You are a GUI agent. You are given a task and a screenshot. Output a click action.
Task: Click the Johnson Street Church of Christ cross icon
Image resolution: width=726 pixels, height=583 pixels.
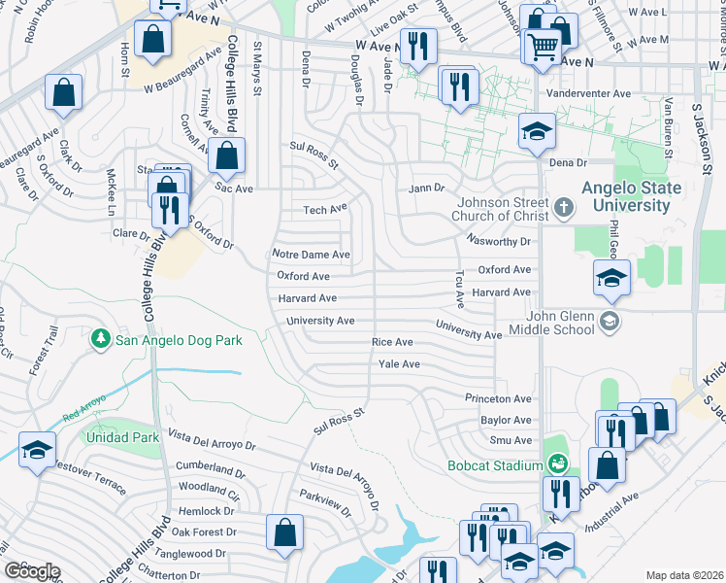click(x=565, y=205)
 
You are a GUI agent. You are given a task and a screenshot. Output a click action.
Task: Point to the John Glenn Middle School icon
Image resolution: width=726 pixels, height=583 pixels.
click(x=609, y=322)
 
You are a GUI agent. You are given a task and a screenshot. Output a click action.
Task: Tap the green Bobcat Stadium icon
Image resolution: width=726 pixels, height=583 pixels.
click(x=556, y=465)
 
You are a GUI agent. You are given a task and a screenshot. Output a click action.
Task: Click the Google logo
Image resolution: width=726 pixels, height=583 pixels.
click(x=32, y=571)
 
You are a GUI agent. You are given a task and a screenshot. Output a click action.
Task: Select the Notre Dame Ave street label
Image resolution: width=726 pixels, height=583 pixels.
click(x=311, y=255)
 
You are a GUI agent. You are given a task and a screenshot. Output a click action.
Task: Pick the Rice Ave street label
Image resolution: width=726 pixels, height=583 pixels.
click(x=392, y=342)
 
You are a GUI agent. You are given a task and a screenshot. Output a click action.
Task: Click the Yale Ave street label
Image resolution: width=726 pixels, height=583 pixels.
click(x=398, y=364)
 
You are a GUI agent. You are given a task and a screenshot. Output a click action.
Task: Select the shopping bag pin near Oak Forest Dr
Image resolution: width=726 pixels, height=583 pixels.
click(x=285, y=532)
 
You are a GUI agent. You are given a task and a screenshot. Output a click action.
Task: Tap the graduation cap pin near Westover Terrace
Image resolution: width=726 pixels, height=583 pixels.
click(x=38, y=450)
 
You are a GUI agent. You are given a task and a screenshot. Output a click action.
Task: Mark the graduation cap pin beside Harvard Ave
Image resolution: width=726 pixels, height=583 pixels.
click(x=611, y=278)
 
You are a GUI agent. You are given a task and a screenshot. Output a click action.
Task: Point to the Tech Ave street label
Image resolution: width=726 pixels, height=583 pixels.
click(x=324, y=210)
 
